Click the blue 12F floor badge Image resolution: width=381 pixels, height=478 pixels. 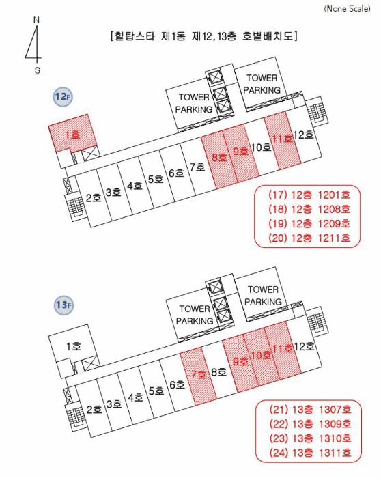tap(63, 97)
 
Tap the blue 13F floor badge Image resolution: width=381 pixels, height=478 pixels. tap(63, 305)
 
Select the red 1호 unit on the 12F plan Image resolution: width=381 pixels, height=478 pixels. tap(73, 133)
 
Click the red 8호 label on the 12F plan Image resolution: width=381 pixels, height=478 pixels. tap(219, 157)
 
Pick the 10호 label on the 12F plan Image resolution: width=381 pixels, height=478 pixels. tap(262, 147)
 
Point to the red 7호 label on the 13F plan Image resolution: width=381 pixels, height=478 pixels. tap(199, 374)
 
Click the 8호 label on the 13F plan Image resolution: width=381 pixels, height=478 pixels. tap(219, 372)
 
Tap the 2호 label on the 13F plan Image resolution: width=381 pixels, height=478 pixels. tap(94, 410)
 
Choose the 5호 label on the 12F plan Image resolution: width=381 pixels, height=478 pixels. tap(156, 179)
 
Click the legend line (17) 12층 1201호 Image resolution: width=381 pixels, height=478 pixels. tap(309, 195)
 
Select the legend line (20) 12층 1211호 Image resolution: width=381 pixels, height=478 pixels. tap(309, 238)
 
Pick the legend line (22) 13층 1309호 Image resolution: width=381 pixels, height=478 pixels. tap(310, 424)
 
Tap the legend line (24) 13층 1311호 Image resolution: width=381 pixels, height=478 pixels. tap(310, 453)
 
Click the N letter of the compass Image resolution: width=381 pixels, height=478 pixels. tap(36, 20)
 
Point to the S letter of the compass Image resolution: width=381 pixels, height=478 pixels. tap(37, 70)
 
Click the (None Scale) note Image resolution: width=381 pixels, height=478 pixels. tap(347, 8)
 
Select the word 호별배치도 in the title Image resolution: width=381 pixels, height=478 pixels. tap(268, 36)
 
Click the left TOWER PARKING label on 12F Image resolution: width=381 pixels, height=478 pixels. tap(194, 103)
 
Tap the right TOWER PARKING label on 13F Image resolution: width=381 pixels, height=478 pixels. tap(263, 296)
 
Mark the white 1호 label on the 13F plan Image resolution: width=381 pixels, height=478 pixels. tap(74, 347)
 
